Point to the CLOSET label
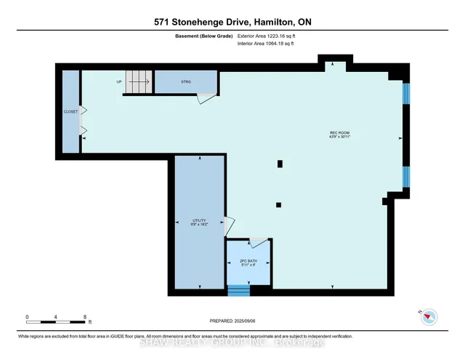click(70, 111)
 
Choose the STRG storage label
click(186, 81)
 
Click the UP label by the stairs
click(118, 81)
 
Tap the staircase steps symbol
click(137, 81)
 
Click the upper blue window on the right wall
click(407, 93)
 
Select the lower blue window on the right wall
click(407, 177)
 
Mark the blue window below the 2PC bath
click(238, 290)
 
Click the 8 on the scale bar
click(85, 317)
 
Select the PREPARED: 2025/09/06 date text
click(232, 319)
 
